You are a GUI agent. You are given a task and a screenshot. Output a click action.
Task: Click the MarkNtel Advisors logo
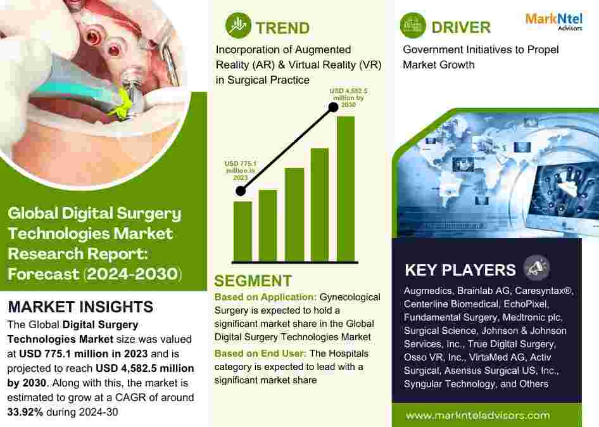pyautogui.click(x=554, y=22)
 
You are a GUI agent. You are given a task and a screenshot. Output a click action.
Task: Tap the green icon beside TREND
pyautogui.click(x=238, y=25)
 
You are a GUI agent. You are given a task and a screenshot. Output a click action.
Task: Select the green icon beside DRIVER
pyautogui.click(x=413, y=25)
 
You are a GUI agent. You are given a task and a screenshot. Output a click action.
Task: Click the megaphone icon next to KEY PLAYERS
pyautogui.click(x=536, y=267)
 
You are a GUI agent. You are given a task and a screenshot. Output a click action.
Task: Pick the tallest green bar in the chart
pyautogui.click(x=346, y=189)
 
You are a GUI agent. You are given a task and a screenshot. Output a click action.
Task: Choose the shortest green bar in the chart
pyautogui.click(x=243, y=232)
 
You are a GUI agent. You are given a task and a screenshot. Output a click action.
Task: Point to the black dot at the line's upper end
pyautogui.click(x=333, y=108)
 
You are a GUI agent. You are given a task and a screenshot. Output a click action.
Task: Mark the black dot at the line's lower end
pyautogui.click(x=241, y=191)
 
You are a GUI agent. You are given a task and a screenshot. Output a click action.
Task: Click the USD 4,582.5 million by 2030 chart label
pyautogui.click(x=348, y=98)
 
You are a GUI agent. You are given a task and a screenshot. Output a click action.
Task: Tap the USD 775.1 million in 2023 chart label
pyautogui.click(x=241, y=170)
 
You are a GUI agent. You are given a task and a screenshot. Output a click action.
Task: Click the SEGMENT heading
pyautogui.click(x=253, y=281)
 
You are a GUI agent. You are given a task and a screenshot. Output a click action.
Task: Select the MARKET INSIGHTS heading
pyautogui.click(x=80, y=307)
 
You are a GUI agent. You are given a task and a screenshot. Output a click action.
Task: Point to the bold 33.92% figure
pyautogui.click(x=25, y=412)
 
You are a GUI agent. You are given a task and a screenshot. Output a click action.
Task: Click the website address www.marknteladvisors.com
pyautogui.click(x=478, y=415)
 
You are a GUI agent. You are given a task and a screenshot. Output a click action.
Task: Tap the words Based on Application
pyautogui.click(x=265, y=297)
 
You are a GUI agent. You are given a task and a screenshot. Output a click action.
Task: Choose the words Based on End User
pyautogui.click(x=260, y=354)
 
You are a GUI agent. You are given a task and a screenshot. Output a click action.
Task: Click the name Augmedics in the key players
pyautogui.click(x=428, y=291)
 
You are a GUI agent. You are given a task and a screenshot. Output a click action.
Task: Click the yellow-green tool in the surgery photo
pyautogui.click(x=121, y=102)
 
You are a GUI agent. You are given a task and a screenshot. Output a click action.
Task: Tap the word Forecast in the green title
pyautogui.click(x=44, y=274)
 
